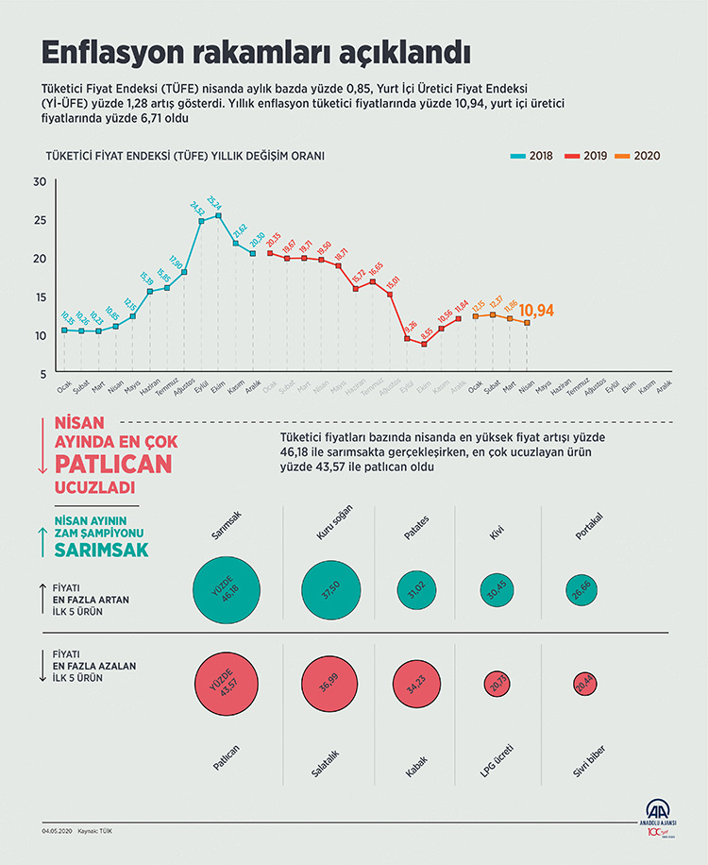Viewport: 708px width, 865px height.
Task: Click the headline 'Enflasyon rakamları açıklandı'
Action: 256,49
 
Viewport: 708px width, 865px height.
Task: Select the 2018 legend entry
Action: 531,156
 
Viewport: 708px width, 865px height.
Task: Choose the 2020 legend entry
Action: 637,156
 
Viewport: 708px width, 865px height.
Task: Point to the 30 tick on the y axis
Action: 39,182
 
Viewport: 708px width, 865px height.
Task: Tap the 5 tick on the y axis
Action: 42,374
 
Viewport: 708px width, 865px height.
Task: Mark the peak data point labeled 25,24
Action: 219,216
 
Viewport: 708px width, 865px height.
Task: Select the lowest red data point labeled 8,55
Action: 425,345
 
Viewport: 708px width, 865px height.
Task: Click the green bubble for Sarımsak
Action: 226,591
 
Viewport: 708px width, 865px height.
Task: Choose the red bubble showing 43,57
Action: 226,684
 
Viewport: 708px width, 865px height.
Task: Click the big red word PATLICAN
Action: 113,464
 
